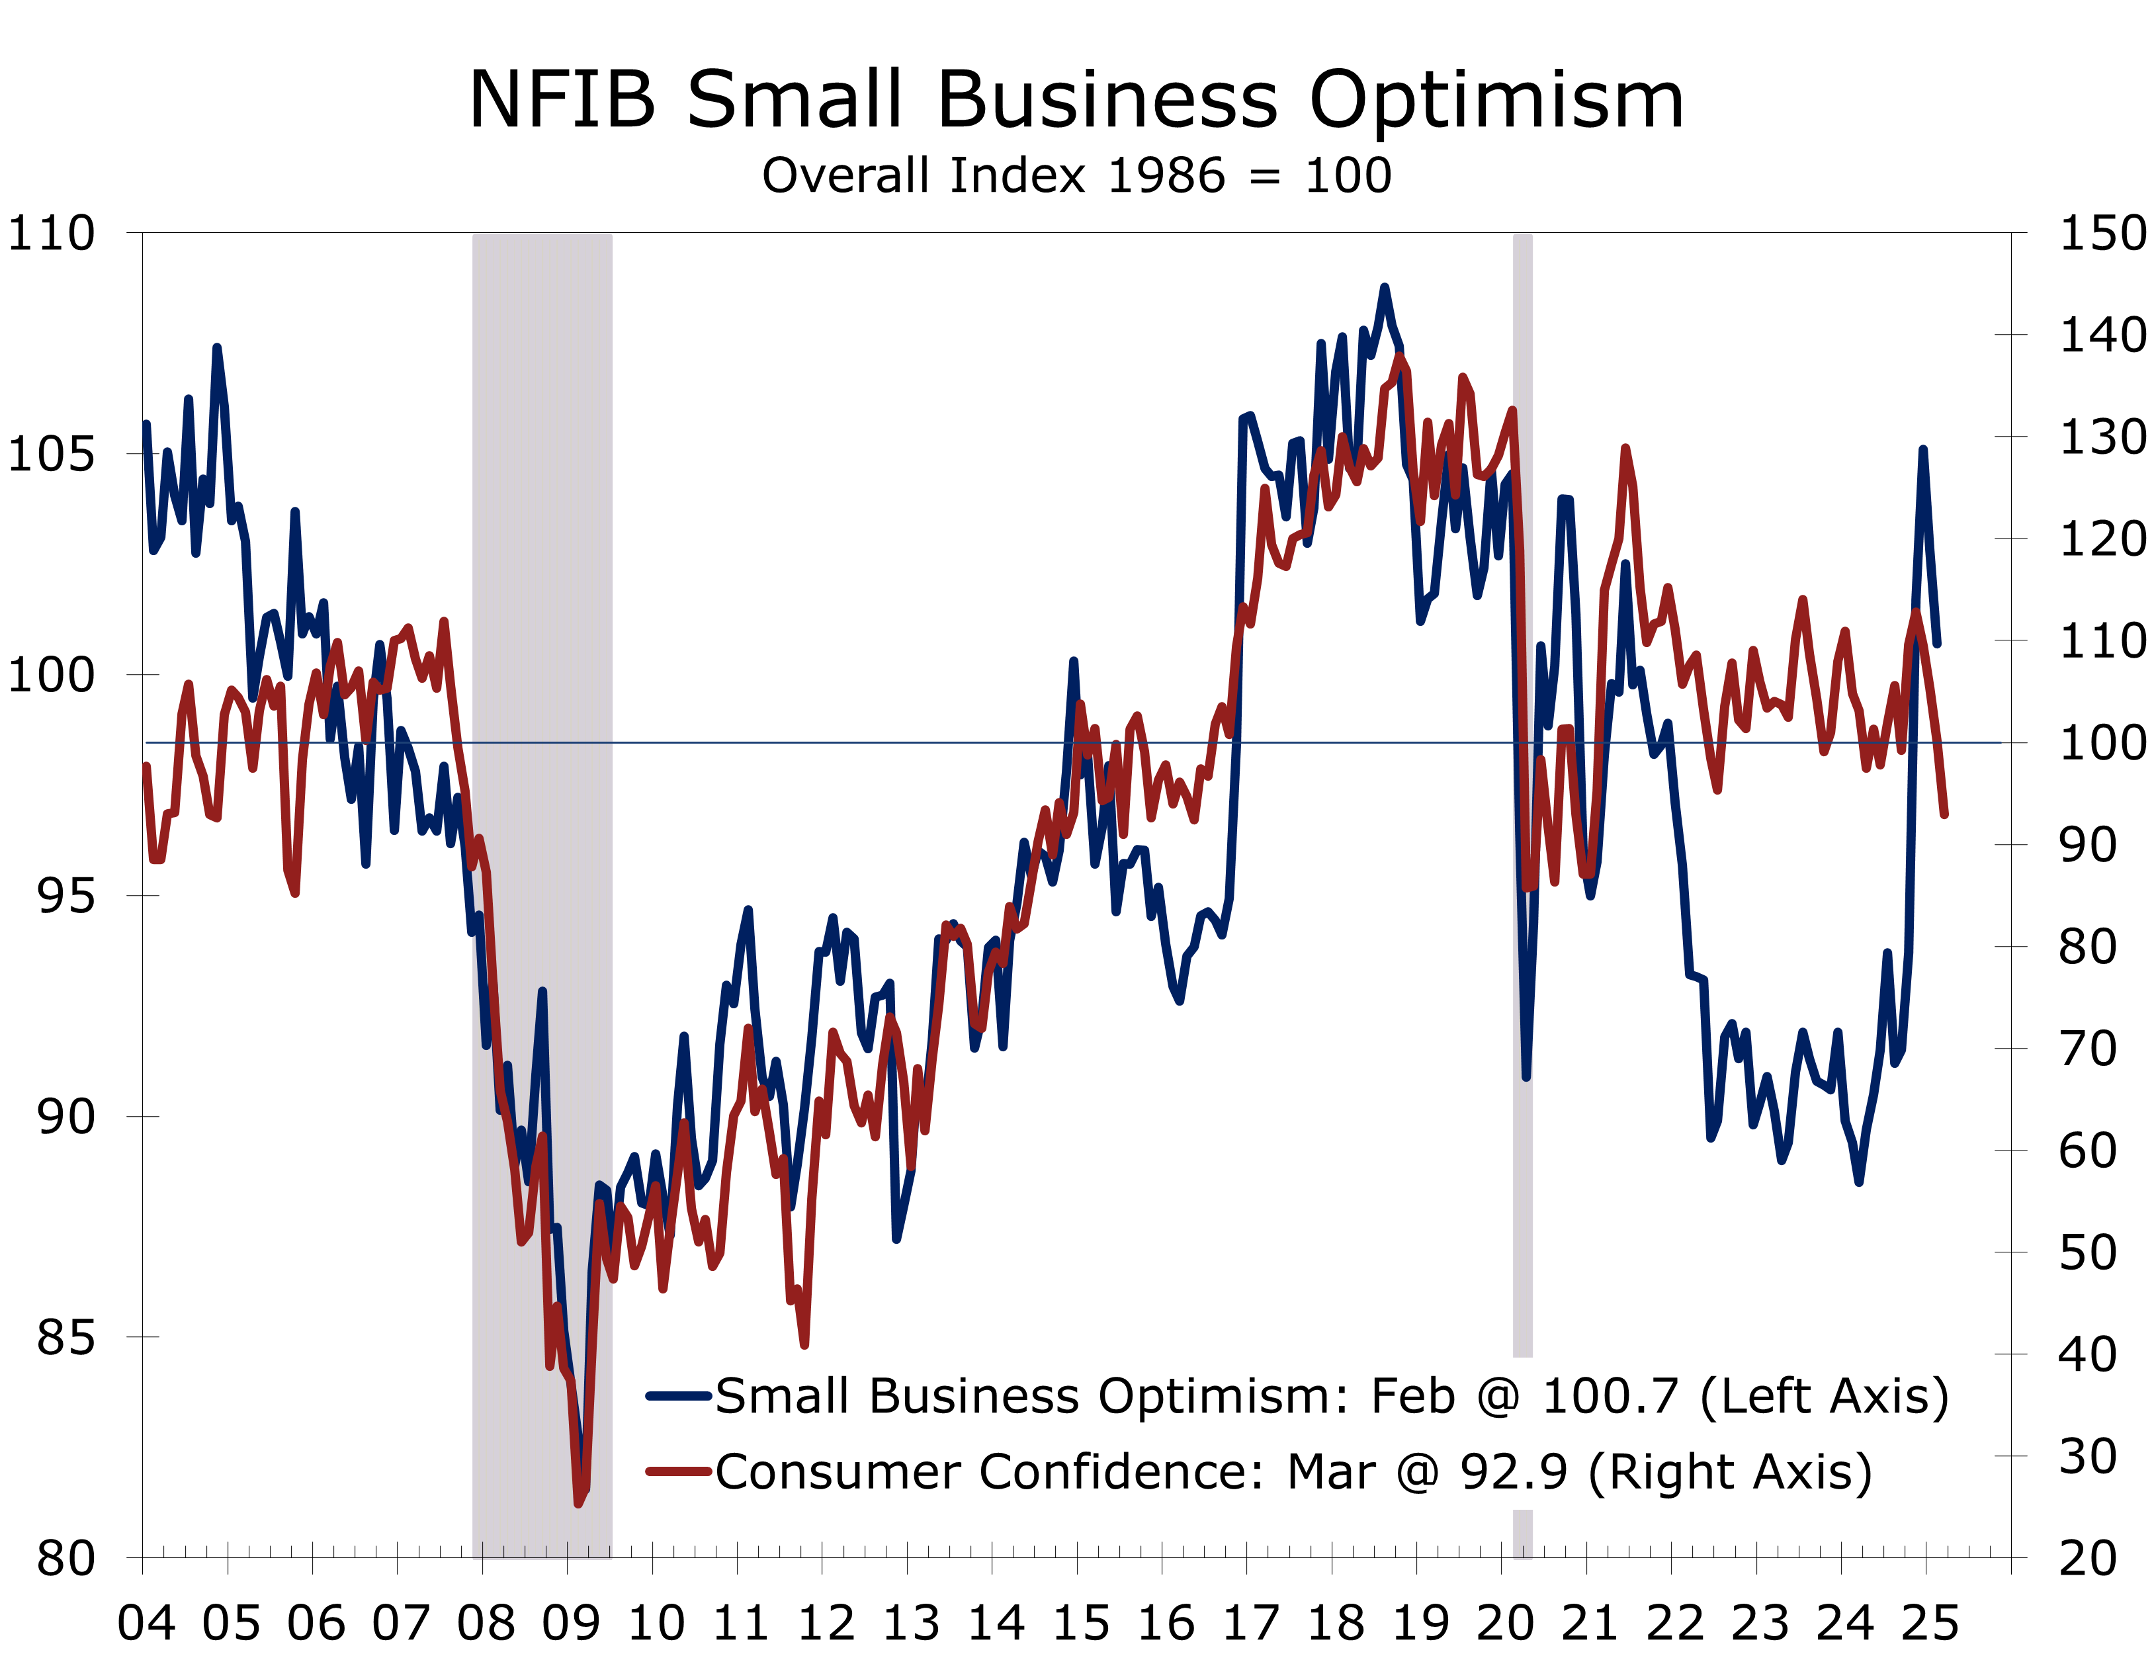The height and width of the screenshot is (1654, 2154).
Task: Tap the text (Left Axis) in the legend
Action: click(1824, 1396)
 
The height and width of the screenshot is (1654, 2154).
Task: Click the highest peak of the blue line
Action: click(1384, 288)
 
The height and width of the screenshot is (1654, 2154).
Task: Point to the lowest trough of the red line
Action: click(579, 1503)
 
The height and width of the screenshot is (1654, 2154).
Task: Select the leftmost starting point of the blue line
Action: click(147, 424)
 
